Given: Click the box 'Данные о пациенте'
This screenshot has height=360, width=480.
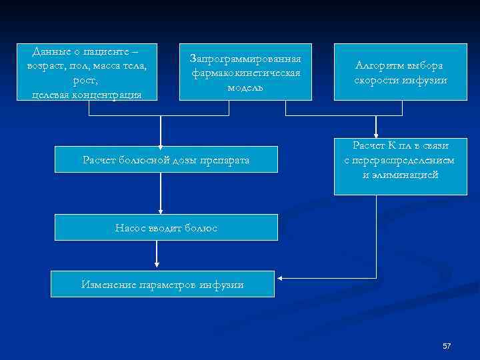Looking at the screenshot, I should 88,72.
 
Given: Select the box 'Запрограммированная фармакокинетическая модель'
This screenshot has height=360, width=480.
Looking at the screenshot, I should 245,72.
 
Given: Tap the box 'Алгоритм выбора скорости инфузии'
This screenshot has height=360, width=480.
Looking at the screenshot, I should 400,72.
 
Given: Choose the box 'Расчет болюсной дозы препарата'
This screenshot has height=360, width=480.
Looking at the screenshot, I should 165,159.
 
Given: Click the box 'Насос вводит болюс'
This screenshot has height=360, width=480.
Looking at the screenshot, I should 165,227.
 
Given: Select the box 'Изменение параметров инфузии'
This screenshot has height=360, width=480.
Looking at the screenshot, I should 163,284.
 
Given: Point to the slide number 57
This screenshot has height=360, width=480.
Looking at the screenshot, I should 447,346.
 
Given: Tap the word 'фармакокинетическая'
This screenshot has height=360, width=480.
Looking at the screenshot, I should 245,73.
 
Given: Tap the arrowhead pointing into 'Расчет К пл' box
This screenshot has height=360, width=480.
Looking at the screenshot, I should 376,136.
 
